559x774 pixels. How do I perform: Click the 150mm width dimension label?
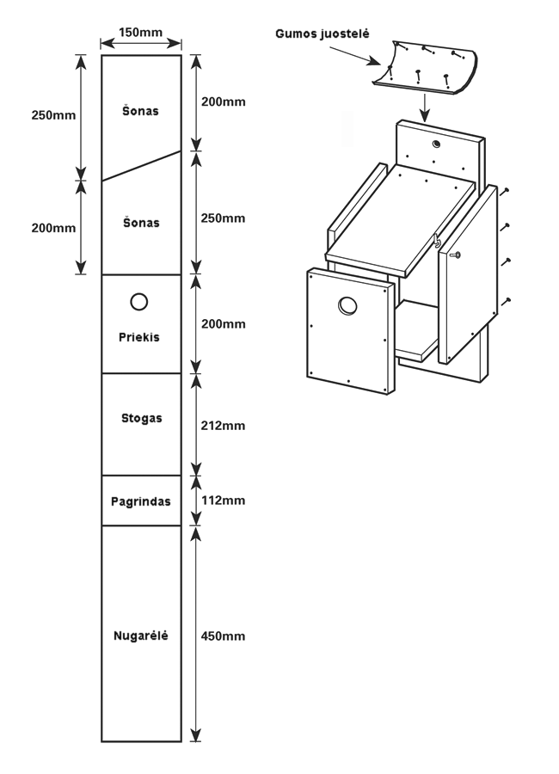coord(140,32)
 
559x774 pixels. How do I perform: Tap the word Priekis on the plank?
coord(139,336)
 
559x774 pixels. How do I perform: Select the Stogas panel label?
coord(141,419)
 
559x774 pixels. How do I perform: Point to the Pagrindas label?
coord(140,501)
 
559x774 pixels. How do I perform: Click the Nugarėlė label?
coord(140,636)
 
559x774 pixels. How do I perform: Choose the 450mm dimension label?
coord(222,636)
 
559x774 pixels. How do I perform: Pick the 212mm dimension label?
coord(222,425)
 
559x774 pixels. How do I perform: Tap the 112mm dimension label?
coord(222,501)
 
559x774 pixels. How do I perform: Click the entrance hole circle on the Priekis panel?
coord(138,301)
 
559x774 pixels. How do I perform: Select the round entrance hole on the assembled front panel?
coord(348,304)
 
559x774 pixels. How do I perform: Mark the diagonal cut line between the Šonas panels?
coord(141,166)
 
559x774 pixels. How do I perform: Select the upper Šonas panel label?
coord(141,112)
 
